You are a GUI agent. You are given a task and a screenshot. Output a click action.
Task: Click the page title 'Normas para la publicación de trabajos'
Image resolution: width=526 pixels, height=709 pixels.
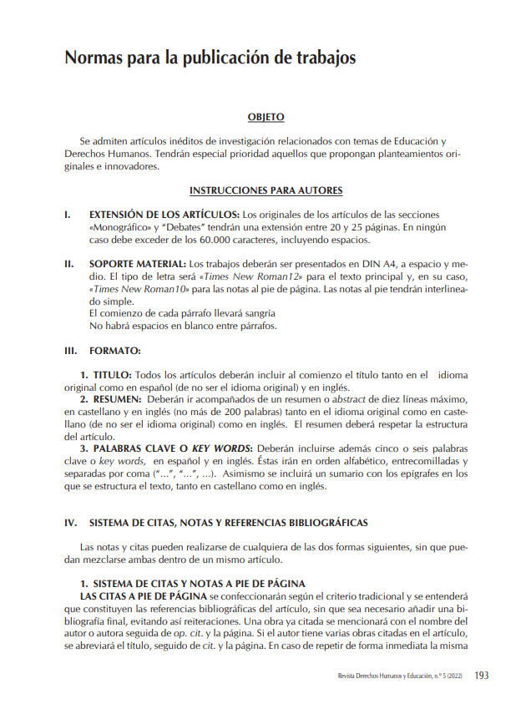click(x=210, y=58)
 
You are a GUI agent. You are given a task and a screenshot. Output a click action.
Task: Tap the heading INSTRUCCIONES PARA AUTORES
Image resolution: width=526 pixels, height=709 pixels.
click(x=266, y=190)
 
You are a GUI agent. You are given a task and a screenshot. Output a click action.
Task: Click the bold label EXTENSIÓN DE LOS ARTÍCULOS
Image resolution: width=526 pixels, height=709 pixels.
click(x=164, y=215)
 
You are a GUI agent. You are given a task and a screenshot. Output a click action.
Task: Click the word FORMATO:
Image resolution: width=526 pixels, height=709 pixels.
click(x=115, y=351)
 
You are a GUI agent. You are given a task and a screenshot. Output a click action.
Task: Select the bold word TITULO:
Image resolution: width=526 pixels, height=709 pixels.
click(x=111, y=376)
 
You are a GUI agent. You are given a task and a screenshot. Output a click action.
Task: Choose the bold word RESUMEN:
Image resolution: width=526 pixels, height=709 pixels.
click(x=116, y=400)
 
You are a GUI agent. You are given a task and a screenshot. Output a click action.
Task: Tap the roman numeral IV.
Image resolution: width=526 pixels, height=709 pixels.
click(x=71, y=523)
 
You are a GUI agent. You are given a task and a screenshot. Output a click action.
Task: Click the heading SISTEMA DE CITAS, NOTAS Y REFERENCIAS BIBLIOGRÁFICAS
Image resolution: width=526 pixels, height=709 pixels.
click(x=228, y=523)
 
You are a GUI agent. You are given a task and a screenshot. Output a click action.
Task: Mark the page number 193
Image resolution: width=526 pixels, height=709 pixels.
click(x=481, y=676)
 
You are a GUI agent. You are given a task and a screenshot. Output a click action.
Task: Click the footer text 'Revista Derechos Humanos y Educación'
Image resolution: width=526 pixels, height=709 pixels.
click(x=385, y=676)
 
